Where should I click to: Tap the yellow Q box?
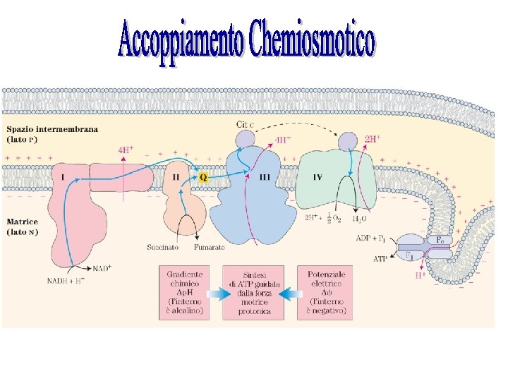pos(203,177)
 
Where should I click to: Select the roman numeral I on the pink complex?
pos(64,177)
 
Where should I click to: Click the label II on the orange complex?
pos(176,177)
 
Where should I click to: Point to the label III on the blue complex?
pos(265,177)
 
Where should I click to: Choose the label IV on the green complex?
pos(317,177)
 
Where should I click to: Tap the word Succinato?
pos(163,248)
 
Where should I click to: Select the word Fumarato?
pos(210,248)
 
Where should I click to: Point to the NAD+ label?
pos(102,269)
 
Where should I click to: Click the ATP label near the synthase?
pos(380,258)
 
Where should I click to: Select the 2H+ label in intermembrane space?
pos(373,139)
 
